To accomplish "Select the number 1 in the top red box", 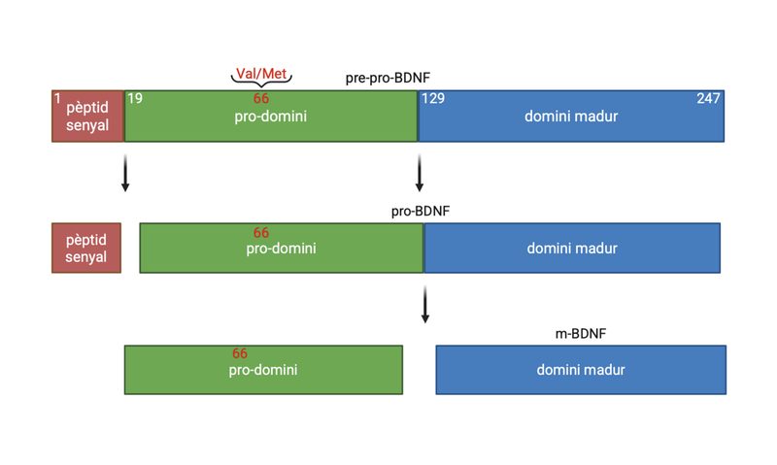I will [x=58, y=99].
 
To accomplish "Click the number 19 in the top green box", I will [x=135, y=99].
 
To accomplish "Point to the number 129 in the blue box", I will [x=433, y=99].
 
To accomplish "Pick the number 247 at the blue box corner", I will [x=709, y=99].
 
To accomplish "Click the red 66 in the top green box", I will [x=261, y=99].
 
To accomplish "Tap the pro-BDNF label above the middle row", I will [x=420, y=211].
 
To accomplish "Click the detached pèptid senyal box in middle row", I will [x=86, y=248].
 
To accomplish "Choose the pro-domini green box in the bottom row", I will [x=263, y=369].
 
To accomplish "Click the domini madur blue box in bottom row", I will [x=581, y=369].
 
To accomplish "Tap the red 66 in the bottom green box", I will [x=241, y=354].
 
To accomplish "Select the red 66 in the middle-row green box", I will [x=261, y=233].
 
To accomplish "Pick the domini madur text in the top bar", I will [x=571, y=116].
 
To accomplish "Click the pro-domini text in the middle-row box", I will [x=282, y=249].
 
